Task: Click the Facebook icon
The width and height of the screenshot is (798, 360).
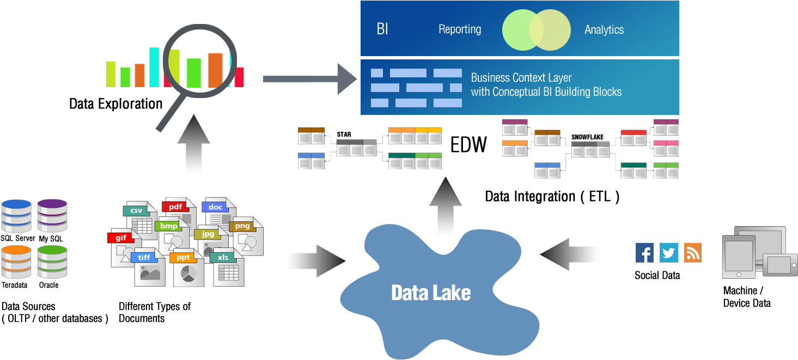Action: click(x=644, y=253)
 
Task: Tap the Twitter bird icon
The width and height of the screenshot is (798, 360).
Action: click(x=668, y=253)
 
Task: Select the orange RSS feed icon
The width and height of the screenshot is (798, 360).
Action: click(x=692, y=253)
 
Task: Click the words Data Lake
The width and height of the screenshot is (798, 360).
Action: click(x=430, y=293)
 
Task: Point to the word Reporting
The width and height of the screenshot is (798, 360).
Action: click(x=460, y=29)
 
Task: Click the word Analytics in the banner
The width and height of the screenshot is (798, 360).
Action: click(x=604, y=30)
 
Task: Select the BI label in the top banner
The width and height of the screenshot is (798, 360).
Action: click(x=382, y=29)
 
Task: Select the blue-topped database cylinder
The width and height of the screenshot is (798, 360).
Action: click(x=16, y=215)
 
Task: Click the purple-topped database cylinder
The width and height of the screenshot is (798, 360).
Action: click(x=52, y=215)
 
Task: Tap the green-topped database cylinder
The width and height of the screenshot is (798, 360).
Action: click(x=52, y=261)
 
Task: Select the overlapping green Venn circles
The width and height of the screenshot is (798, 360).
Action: click(x=536, y=29)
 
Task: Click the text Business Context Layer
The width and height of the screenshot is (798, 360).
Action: click(x=521, y=77)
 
